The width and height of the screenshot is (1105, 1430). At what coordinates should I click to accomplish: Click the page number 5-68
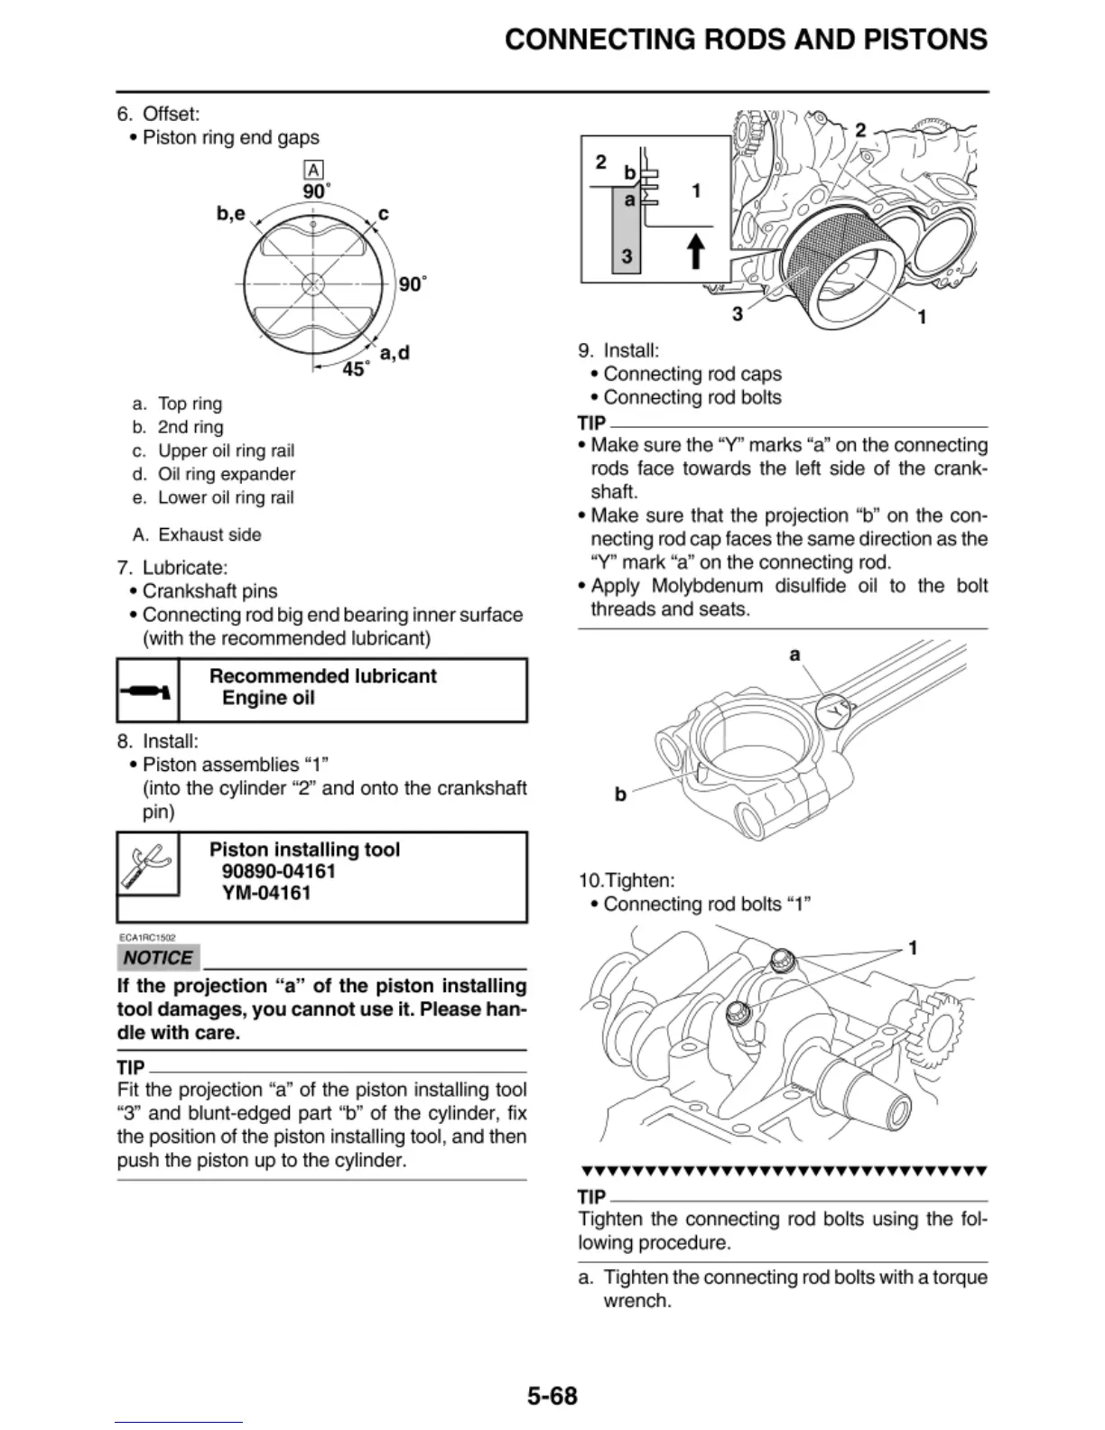552,1396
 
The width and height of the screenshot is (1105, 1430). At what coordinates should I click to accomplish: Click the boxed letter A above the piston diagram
313,170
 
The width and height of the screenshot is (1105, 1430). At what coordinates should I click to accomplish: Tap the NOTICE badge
158,958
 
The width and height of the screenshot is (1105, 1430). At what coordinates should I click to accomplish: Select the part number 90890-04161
278,871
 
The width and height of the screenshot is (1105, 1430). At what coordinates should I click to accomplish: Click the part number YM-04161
266,893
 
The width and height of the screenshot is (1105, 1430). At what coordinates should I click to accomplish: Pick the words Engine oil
268,698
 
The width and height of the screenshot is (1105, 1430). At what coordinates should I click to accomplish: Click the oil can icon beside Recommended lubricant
148,692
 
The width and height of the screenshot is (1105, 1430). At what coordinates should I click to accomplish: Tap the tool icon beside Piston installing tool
147,864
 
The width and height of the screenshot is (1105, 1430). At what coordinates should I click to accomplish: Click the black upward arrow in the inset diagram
695,251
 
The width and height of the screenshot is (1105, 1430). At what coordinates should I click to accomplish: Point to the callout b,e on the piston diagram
230,214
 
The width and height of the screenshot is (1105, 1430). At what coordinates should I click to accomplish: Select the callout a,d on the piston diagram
395,352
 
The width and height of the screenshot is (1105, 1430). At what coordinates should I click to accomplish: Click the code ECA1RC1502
147,938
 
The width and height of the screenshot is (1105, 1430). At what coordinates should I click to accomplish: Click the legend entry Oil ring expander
226,474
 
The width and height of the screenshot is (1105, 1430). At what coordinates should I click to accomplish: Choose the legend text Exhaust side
209,534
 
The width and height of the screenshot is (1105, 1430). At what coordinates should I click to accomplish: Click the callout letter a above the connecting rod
794,654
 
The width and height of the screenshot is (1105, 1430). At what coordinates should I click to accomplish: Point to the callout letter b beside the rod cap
620,794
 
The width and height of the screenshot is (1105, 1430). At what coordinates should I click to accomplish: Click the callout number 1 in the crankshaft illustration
913,948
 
